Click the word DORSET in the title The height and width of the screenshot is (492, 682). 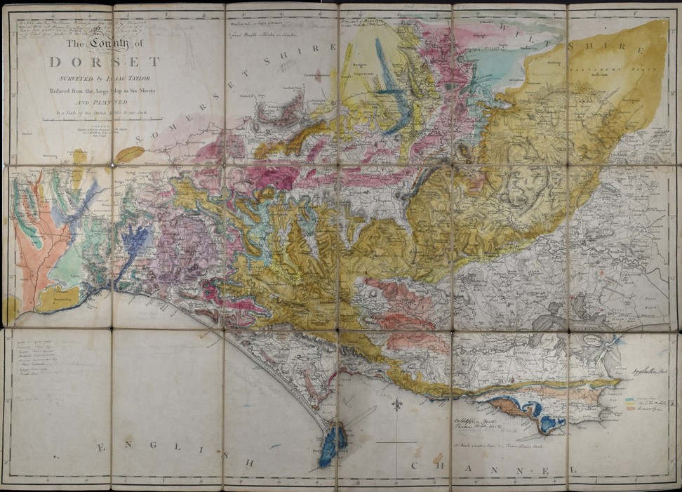click(105, 62)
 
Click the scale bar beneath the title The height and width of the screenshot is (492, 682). click(102, 120)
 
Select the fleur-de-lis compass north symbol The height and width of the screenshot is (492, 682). click(398, 406)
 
